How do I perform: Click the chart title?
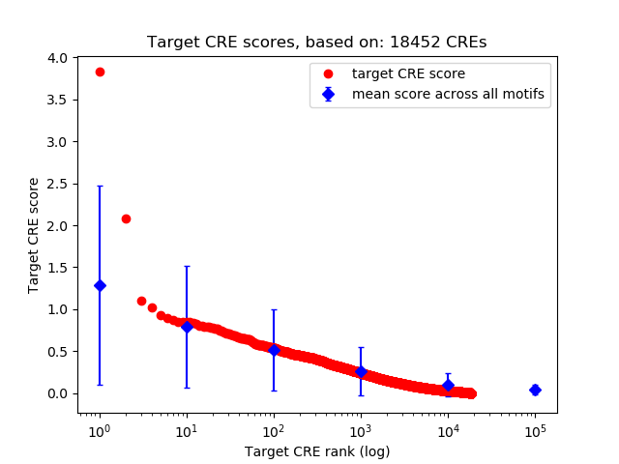click(316, 42)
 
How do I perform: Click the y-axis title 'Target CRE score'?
click(34, 235)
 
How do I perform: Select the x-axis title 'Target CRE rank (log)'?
click(316, 451)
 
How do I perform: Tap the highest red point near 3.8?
click(100, 72)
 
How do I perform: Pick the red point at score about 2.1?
click(126, 218)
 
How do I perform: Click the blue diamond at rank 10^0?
click(100, 285)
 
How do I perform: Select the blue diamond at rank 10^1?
click(187, 327)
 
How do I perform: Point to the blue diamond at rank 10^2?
click(274, 350)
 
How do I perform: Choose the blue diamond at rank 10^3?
click(361, 371)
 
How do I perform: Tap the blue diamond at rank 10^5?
click(535, 390)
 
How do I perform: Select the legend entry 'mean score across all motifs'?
click(447, 94)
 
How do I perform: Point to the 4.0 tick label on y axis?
click(57, 58)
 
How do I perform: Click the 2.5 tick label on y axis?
click(57, 184)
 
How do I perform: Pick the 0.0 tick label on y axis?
click(57, 393)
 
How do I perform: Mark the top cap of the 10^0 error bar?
click(100, 187)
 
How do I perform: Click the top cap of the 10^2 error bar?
click(274, 309)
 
